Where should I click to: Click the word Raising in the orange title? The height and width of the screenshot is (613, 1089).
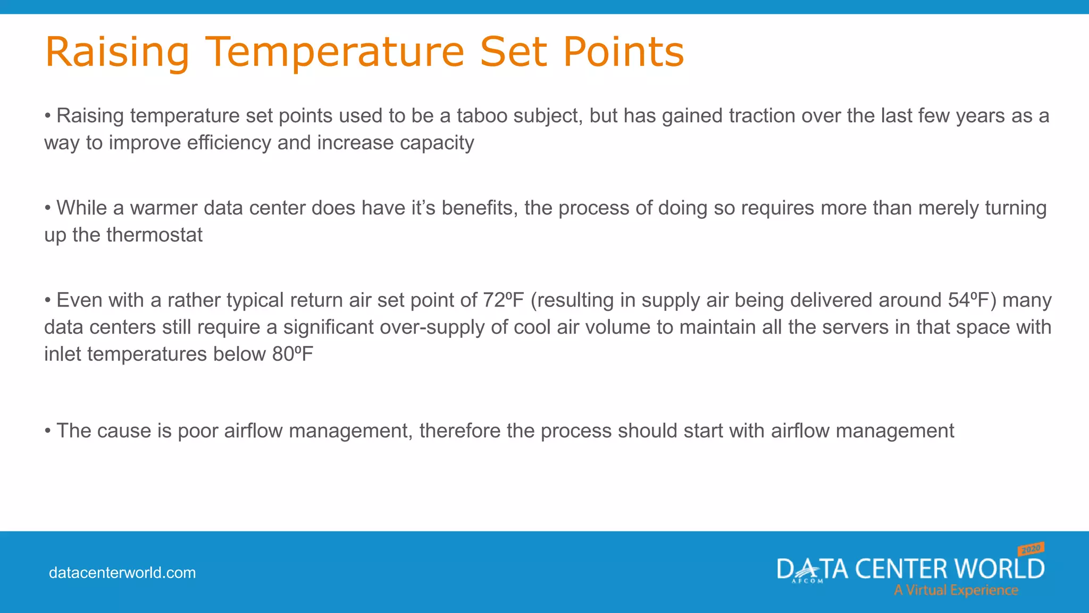coord(117,52)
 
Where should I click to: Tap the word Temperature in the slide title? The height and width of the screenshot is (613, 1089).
coord(334,52)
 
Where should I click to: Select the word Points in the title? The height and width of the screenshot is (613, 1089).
coord(623,52)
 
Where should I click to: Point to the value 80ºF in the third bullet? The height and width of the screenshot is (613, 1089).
coord(292,354)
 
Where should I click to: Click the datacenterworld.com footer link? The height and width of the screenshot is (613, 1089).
coord(122,573)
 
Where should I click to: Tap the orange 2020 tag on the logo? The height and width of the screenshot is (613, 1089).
coord(1031,549)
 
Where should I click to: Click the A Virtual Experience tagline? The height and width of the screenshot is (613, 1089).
coord(956,591)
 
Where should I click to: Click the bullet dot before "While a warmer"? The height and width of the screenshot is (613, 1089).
coord(48,208)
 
